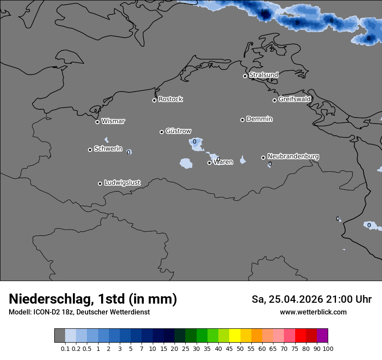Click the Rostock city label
tap(170, 99)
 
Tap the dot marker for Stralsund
tap(245, 76)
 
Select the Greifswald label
tap(294, 99)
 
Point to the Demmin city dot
tap(242, 120)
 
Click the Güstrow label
tap(178, 131)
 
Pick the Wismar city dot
tap(97, 122)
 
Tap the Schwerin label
tap(108, 149)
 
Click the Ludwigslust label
tap(122, 183)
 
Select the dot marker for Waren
tap(209, 163)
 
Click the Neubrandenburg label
tap(293, 156)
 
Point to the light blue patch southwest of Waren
tap(186, 163)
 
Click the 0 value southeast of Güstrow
tap(194, 141)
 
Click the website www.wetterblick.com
tap(313, 312)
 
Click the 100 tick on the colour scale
tap(328, 349)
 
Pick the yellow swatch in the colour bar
tap(234, 336)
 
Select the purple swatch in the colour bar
tap(322, 336)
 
